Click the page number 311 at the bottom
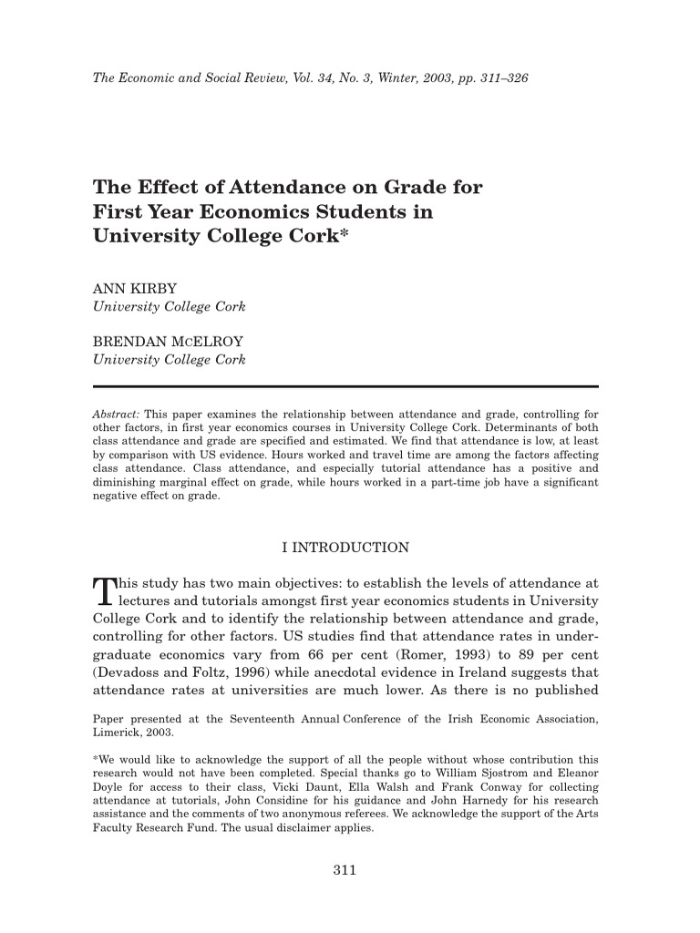(344, 869)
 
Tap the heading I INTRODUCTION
(345, 548)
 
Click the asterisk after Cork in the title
(344, 234)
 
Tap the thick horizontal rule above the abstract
(345, 386)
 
